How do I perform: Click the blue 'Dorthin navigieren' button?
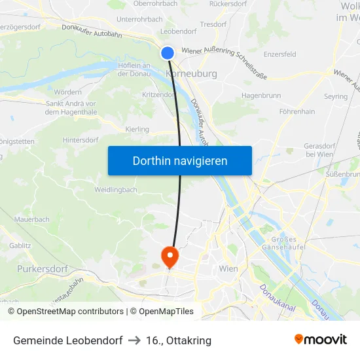click(180, 160)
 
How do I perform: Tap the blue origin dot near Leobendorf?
click(168, 53)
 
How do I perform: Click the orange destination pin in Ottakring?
click(170, 257)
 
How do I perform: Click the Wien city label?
click(228, 268)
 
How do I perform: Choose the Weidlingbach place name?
click(115, 190)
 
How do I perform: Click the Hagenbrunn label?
click(261, 96)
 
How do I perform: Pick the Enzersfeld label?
click(279, 54)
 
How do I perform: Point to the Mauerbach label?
click(31, 219)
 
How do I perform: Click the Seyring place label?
click(335, 96)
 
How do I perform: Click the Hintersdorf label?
click(81, 140)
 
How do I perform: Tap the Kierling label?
click(137, 130)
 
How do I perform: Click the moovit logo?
click(321, 339)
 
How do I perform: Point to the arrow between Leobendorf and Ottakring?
click(134, 340)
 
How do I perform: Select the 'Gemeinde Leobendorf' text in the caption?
click(68, 340)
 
